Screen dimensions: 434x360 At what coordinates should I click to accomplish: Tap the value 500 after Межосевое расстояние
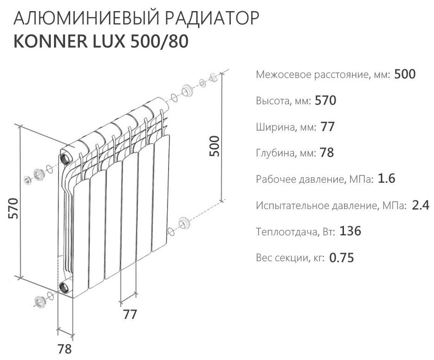[405, 74]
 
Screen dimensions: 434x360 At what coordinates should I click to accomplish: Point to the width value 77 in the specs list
[327, 127]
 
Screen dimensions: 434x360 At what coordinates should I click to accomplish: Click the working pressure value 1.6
[386, 179]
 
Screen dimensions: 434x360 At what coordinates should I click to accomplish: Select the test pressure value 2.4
[421, 205]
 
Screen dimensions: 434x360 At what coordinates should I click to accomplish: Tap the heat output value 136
[350, 232]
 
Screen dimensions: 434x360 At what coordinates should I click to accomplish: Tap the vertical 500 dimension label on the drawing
[214, 147]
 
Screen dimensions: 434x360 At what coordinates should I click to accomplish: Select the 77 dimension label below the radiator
[131, 315]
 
